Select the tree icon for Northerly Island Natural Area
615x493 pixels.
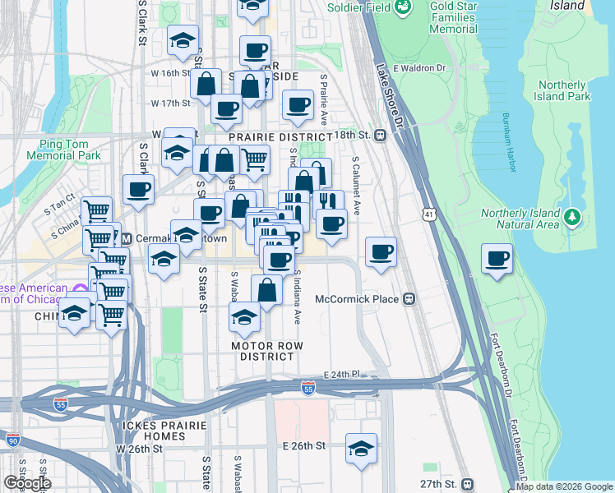(x=572, y=218)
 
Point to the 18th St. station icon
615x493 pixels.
(x=381, y=135)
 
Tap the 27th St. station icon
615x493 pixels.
(x=467, y=484)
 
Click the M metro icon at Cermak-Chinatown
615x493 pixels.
(x=127, y=238)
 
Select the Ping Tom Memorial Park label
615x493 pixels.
(x=63, y=149)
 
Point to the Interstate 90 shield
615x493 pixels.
(x=12, y=440)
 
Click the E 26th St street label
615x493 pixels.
(x=303, y=445)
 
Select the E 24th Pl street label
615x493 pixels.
(x=342, y=375)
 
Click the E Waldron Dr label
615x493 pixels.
(x=419, y=68)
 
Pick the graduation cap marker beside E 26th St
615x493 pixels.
(x=361, y=449)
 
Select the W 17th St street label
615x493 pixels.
(x=171, y=103)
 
